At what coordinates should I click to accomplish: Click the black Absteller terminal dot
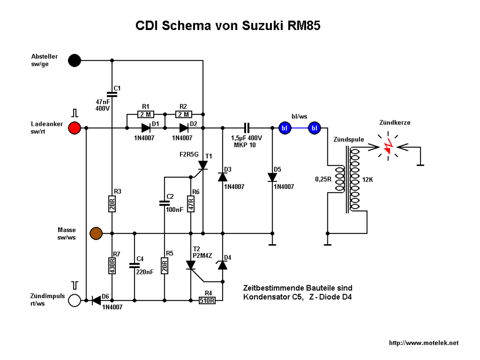74,60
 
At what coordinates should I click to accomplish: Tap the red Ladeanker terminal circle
74,128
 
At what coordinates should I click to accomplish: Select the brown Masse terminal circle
96,233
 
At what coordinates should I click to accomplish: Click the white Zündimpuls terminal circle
74,300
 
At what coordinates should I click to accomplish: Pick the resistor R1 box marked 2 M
145,114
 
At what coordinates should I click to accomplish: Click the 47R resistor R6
191,204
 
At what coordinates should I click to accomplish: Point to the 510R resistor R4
207,300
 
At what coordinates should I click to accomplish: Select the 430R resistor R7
112,265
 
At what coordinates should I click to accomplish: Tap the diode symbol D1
146,128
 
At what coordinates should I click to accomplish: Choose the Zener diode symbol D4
223,265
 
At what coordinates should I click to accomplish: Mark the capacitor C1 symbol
112,94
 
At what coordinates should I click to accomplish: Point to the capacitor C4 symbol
134,265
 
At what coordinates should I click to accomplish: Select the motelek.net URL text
424,343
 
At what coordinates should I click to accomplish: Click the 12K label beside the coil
367,180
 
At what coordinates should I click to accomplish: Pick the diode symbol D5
272,177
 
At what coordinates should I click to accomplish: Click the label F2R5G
189,154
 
